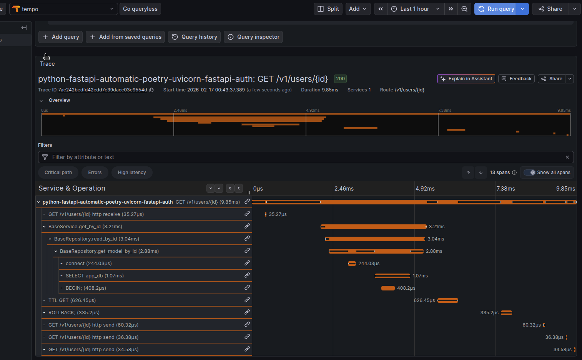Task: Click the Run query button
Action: coord(496,9)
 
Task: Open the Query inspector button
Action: coord(253,37)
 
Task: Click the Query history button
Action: coord(195,37)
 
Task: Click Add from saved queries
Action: coord(125,37)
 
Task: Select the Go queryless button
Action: coord(140,9)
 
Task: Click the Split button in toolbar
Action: coord(329,9)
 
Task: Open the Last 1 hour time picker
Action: coord(415,9)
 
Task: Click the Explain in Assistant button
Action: coord(466,79)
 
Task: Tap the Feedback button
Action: coord(516,79)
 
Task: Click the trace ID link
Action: coord(103,90)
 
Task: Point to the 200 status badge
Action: coord(340,79)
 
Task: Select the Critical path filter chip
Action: coord(58,173)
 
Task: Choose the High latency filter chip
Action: coord(132,173)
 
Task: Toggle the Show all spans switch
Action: coord(530,173)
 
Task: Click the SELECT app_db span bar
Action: coord(392,276)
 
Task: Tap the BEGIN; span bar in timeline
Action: coord(388,288)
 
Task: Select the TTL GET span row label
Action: coord(72,300)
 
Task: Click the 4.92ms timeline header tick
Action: coord(425,189)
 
